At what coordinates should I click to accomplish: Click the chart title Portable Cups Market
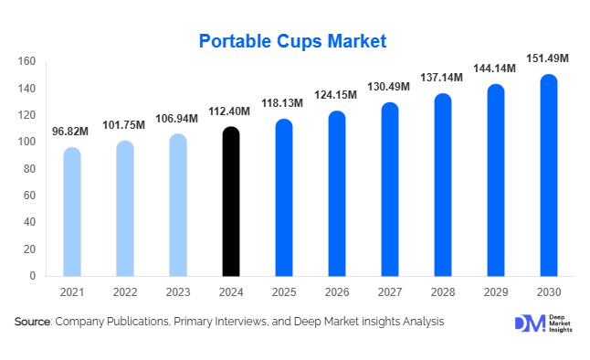tap(293, 40)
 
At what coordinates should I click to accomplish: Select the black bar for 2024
tap(232, 201)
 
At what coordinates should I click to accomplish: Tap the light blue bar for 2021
tap(72, 212)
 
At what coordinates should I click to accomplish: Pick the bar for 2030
tap(549, 175)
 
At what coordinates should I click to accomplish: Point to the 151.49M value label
tap(549, 59)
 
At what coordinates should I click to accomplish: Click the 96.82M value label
tap(72, 132)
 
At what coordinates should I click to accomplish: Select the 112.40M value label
tap(232, 111)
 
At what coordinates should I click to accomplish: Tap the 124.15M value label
tap(338, 96)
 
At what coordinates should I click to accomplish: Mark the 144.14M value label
tap(496, 69)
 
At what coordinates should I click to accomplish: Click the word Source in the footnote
tap(33, 322)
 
